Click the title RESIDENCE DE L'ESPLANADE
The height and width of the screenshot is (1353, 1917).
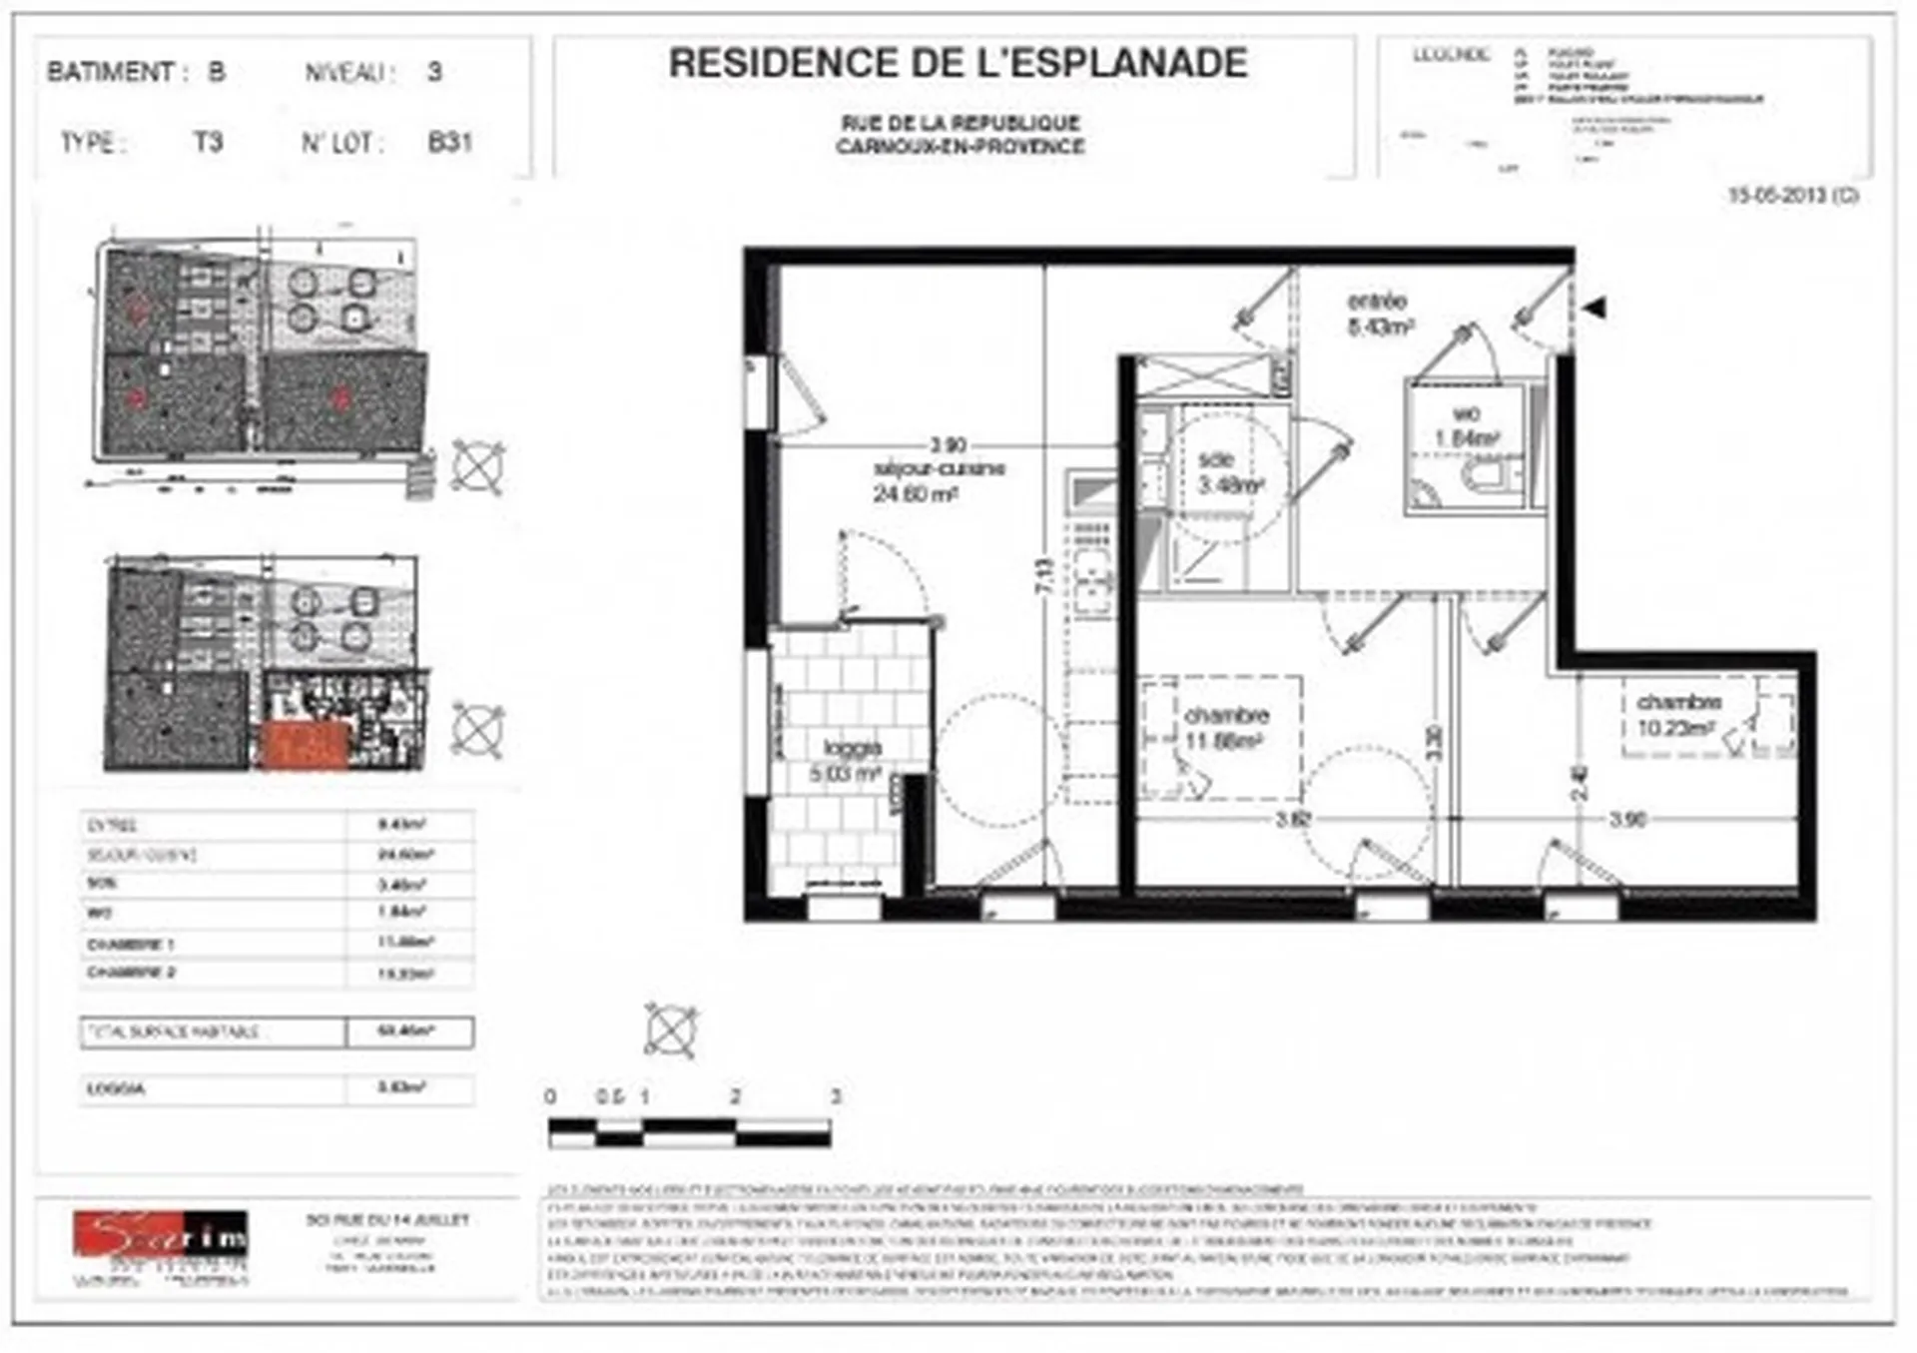click(x=958, y=64)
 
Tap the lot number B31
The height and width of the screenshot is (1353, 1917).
click(x=449, y=142)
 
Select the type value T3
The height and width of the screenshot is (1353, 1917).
click(x=208, y=142)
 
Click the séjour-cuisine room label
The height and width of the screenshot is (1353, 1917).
click(x=938, y=469)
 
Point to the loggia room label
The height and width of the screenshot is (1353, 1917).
click(x=852, y=749)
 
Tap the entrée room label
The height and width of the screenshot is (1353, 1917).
click(x=1378, y=302)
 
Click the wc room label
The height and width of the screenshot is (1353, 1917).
click(x=1466, y=414)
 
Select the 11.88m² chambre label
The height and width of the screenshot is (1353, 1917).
click(x=1226, y=716)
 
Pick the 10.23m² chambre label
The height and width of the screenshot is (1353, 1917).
click(x=1678, y=704)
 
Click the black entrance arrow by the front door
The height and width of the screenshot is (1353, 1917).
click(x=1595, y=308)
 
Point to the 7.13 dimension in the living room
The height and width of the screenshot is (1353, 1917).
click(x=1044, y=576)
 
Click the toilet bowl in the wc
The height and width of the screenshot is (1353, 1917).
click(x=1491, y=476)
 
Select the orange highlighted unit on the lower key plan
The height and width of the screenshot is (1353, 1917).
click(x=305, y=746)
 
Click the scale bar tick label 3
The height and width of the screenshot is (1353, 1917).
click(x=836, y=1096)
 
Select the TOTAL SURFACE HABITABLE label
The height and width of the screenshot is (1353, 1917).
click(x=174, y=1031)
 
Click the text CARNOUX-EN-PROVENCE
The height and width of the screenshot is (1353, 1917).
click(x=959, y=147)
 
